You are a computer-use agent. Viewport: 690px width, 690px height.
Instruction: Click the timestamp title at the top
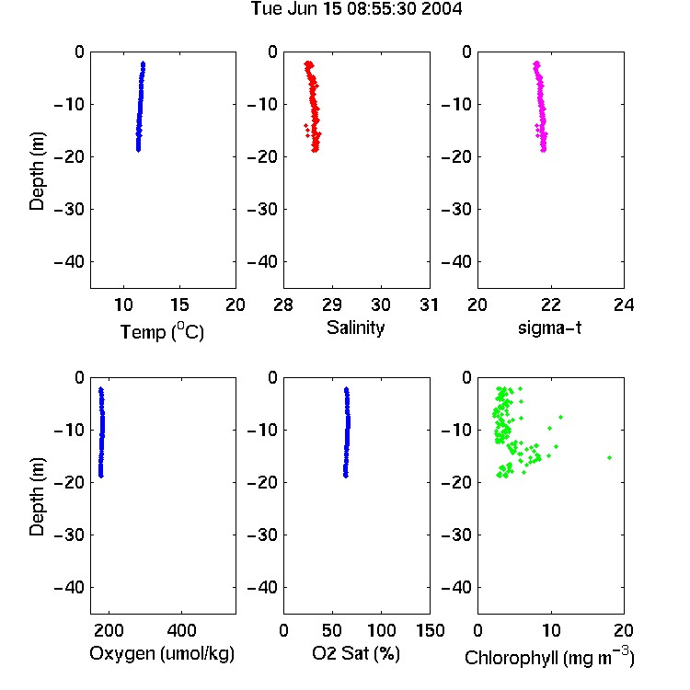point(356,9)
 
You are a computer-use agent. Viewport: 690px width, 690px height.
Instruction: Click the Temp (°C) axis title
point(162,331)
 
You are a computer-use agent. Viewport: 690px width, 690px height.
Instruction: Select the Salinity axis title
point(355,328)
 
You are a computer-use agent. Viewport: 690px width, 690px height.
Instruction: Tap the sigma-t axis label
point(549,328)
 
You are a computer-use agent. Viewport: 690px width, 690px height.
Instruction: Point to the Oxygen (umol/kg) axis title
point(162,653)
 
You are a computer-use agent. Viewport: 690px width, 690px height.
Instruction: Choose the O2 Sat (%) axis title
point(356,653)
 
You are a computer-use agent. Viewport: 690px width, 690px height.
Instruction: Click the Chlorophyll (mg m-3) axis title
point(549,657)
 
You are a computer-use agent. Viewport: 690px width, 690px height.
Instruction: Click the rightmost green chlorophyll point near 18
point(609,457)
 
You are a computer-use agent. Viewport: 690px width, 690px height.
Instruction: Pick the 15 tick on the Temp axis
point(179,305)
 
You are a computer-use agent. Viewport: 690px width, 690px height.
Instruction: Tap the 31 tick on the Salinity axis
point(429,305)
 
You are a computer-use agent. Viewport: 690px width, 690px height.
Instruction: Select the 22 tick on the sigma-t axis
point(550,305)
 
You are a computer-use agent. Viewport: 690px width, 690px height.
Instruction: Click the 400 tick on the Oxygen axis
point(181,630)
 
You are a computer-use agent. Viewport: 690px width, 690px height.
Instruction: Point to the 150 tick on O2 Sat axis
point(431,630)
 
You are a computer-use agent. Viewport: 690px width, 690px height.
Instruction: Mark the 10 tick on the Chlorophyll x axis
point(551,630)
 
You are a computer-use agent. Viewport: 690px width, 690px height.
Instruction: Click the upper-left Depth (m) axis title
point(37,171)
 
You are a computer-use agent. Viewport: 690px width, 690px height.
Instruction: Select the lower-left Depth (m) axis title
point(37,497)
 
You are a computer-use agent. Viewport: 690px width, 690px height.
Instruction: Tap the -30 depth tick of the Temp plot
point(69,210)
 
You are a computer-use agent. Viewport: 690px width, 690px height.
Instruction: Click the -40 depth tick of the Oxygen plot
point(69,587)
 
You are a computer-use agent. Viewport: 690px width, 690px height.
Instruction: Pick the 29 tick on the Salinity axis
point(332,305)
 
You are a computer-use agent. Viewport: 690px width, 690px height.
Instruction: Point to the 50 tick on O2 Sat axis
point(332,630)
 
